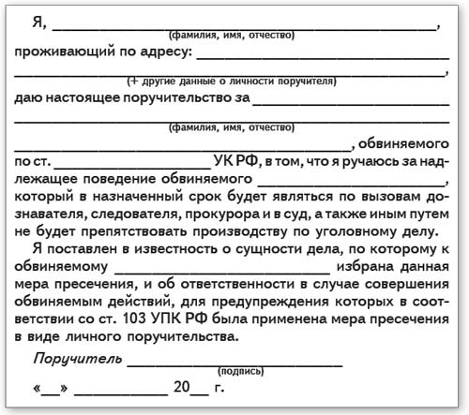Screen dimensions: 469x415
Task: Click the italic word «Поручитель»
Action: point(75,358)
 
